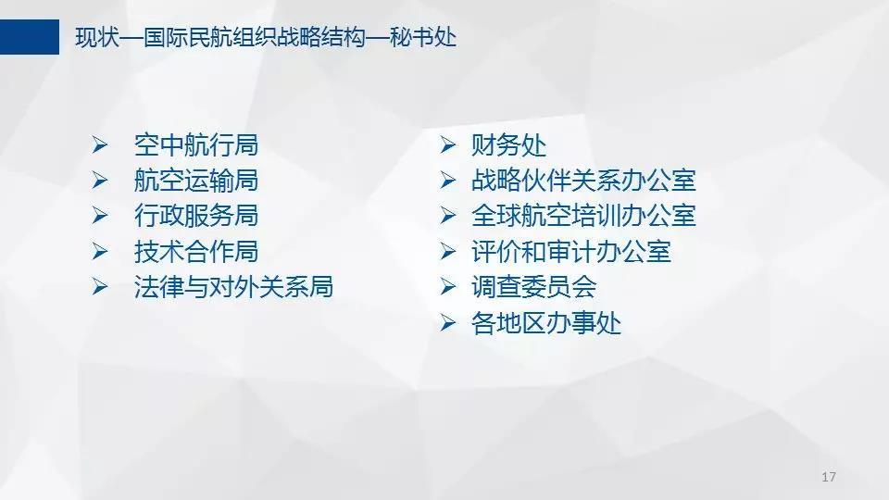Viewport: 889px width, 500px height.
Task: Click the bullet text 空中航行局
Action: (196, 145)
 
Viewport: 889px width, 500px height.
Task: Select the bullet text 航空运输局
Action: (196, 181)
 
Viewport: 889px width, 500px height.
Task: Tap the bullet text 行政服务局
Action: (196, 216)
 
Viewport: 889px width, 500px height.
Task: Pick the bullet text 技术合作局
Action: (196, 251)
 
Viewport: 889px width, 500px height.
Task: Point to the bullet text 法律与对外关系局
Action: (233, 286)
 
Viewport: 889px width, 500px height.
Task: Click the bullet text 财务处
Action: (508, 145)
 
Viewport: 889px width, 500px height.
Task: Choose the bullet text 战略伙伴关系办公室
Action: (583, 181)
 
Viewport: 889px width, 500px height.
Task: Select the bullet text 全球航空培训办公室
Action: (583, 216)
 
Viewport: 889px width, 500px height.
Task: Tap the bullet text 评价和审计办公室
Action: (571, 251)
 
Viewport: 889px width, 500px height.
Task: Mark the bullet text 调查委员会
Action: (533, 286)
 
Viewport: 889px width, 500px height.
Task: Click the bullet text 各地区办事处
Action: (546, 323)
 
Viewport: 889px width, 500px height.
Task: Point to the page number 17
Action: (828, 477)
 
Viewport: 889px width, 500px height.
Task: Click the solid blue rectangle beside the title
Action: (30, 37)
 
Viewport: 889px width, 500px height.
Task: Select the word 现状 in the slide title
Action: (97, 37)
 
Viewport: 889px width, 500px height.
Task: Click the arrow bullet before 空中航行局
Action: (100, 145)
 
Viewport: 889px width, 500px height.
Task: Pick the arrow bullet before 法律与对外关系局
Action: (100, 286)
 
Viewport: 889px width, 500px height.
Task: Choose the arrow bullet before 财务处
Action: (448, 145)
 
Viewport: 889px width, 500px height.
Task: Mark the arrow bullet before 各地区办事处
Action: (448, 323)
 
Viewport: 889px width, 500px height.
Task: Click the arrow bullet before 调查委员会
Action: (448, 286)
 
